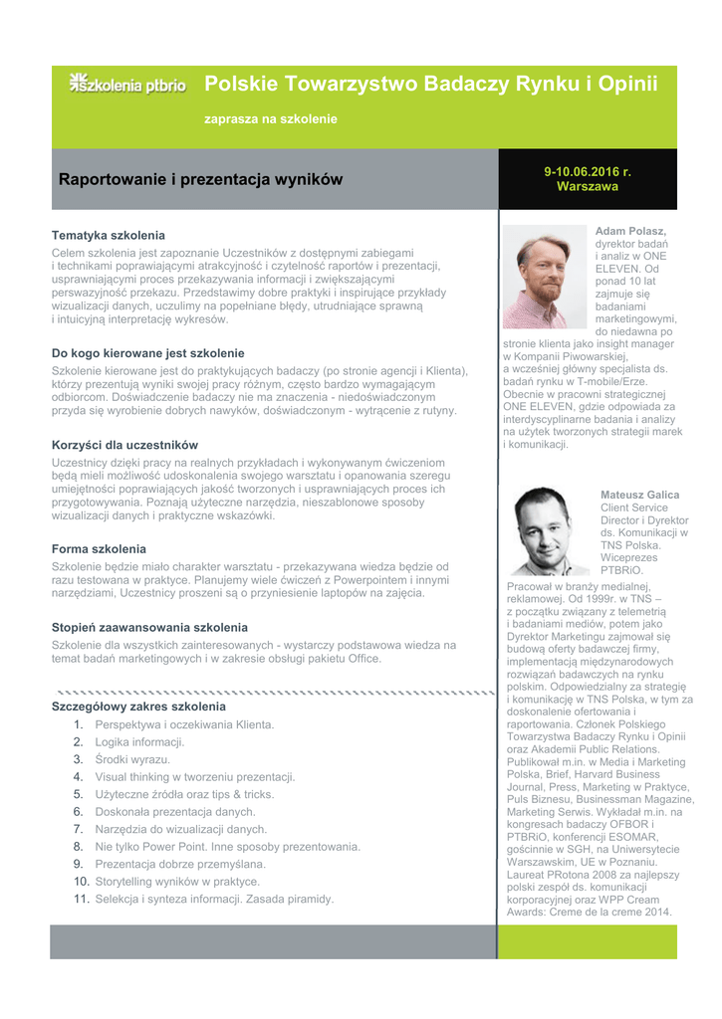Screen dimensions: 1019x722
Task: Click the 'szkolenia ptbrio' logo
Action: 127,85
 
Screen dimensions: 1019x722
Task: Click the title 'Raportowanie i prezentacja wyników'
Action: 200,180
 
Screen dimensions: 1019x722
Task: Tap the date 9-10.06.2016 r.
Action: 588,171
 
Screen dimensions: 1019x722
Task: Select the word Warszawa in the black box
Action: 588,186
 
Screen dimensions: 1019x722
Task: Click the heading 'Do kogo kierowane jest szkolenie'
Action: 147,353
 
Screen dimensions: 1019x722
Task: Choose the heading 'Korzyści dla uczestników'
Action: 124,445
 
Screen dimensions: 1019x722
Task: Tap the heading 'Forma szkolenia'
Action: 99,549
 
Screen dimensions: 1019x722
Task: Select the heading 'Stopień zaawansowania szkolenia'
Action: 149,628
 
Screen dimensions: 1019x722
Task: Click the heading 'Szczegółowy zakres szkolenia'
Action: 138,707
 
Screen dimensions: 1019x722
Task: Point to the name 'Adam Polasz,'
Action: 631,231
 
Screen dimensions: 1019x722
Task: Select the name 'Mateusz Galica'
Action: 639,495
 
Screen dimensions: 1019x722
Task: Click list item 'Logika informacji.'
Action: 139,742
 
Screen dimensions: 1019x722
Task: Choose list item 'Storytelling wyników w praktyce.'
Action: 176,882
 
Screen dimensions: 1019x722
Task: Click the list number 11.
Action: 82,899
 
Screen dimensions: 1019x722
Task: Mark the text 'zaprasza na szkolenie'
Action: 271,119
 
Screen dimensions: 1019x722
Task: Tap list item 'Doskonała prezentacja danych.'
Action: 174,812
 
